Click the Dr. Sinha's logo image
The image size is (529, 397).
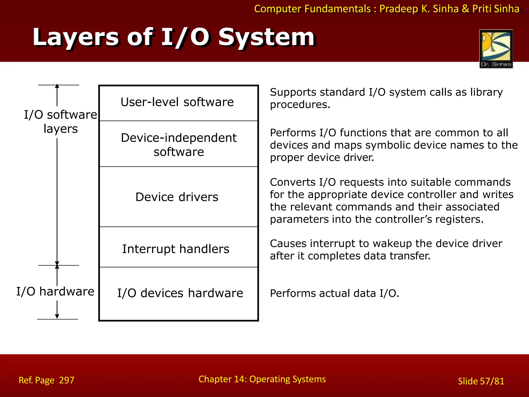(x=496, y=49)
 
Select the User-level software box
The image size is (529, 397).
(x=178, y=103)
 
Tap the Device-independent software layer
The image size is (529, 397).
(x=178, y=144)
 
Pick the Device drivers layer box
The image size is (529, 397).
(x=178, y=197)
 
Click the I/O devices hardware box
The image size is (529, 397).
(x=178, y=293)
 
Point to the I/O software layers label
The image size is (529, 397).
(x=60, y=121)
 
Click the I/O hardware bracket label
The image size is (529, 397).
(x=55, y=292)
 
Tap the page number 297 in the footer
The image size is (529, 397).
(x=67, y=380)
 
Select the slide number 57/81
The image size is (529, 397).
(x=492, y=381)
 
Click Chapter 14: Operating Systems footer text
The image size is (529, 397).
(x=262, y=379)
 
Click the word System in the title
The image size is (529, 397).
(x=267, y=37)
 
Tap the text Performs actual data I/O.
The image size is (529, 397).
(x=334, y=293)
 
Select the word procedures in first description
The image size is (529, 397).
(x=300, y=105)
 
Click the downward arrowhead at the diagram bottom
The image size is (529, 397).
(x=57, y=317)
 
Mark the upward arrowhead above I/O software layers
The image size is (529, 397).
(x=57, y=86)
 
